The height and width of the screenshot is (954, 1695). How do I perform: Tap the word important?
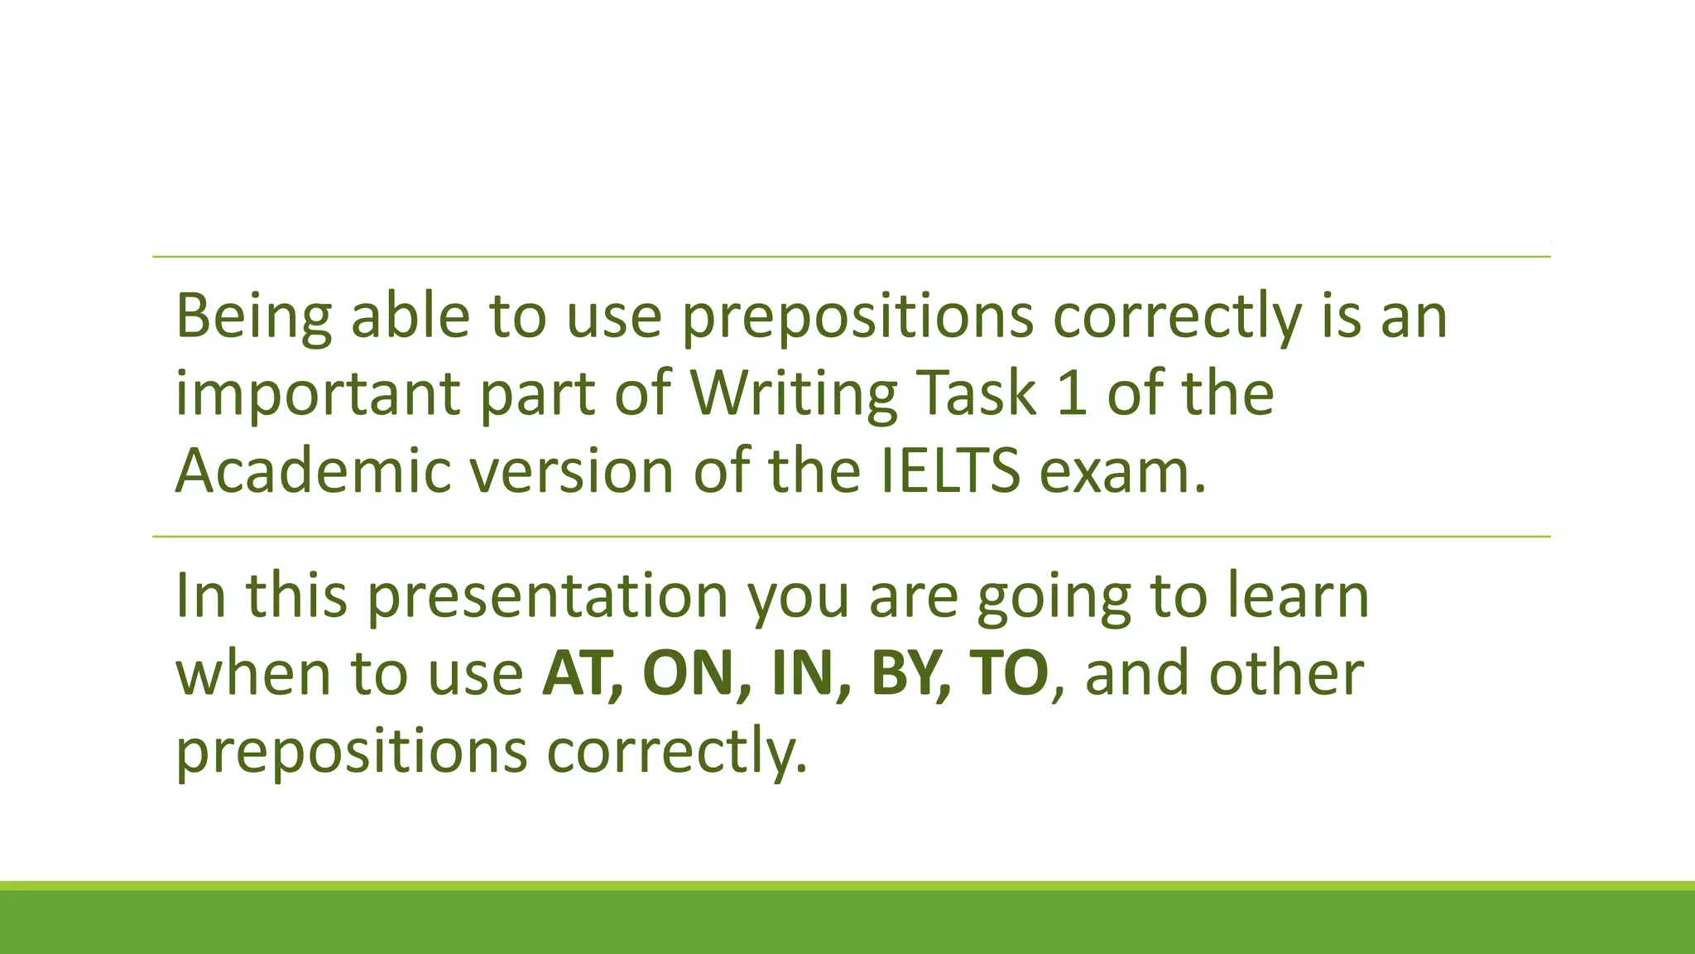(318, 394)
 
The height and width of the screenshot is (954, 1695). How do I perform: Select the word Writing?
(794, 394)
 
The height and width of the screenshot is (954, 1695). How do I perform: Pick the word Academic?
(314, 470)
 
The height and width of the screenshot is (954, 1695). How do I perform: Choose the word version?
(572, 470)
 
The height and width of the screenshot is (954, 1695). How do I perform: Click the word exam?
(1122, 470)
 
